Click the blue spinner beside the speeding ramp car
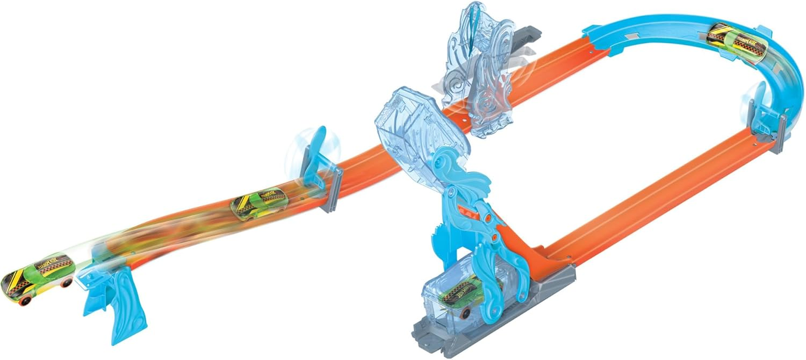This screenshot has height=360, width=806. (x=315, y=153)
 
